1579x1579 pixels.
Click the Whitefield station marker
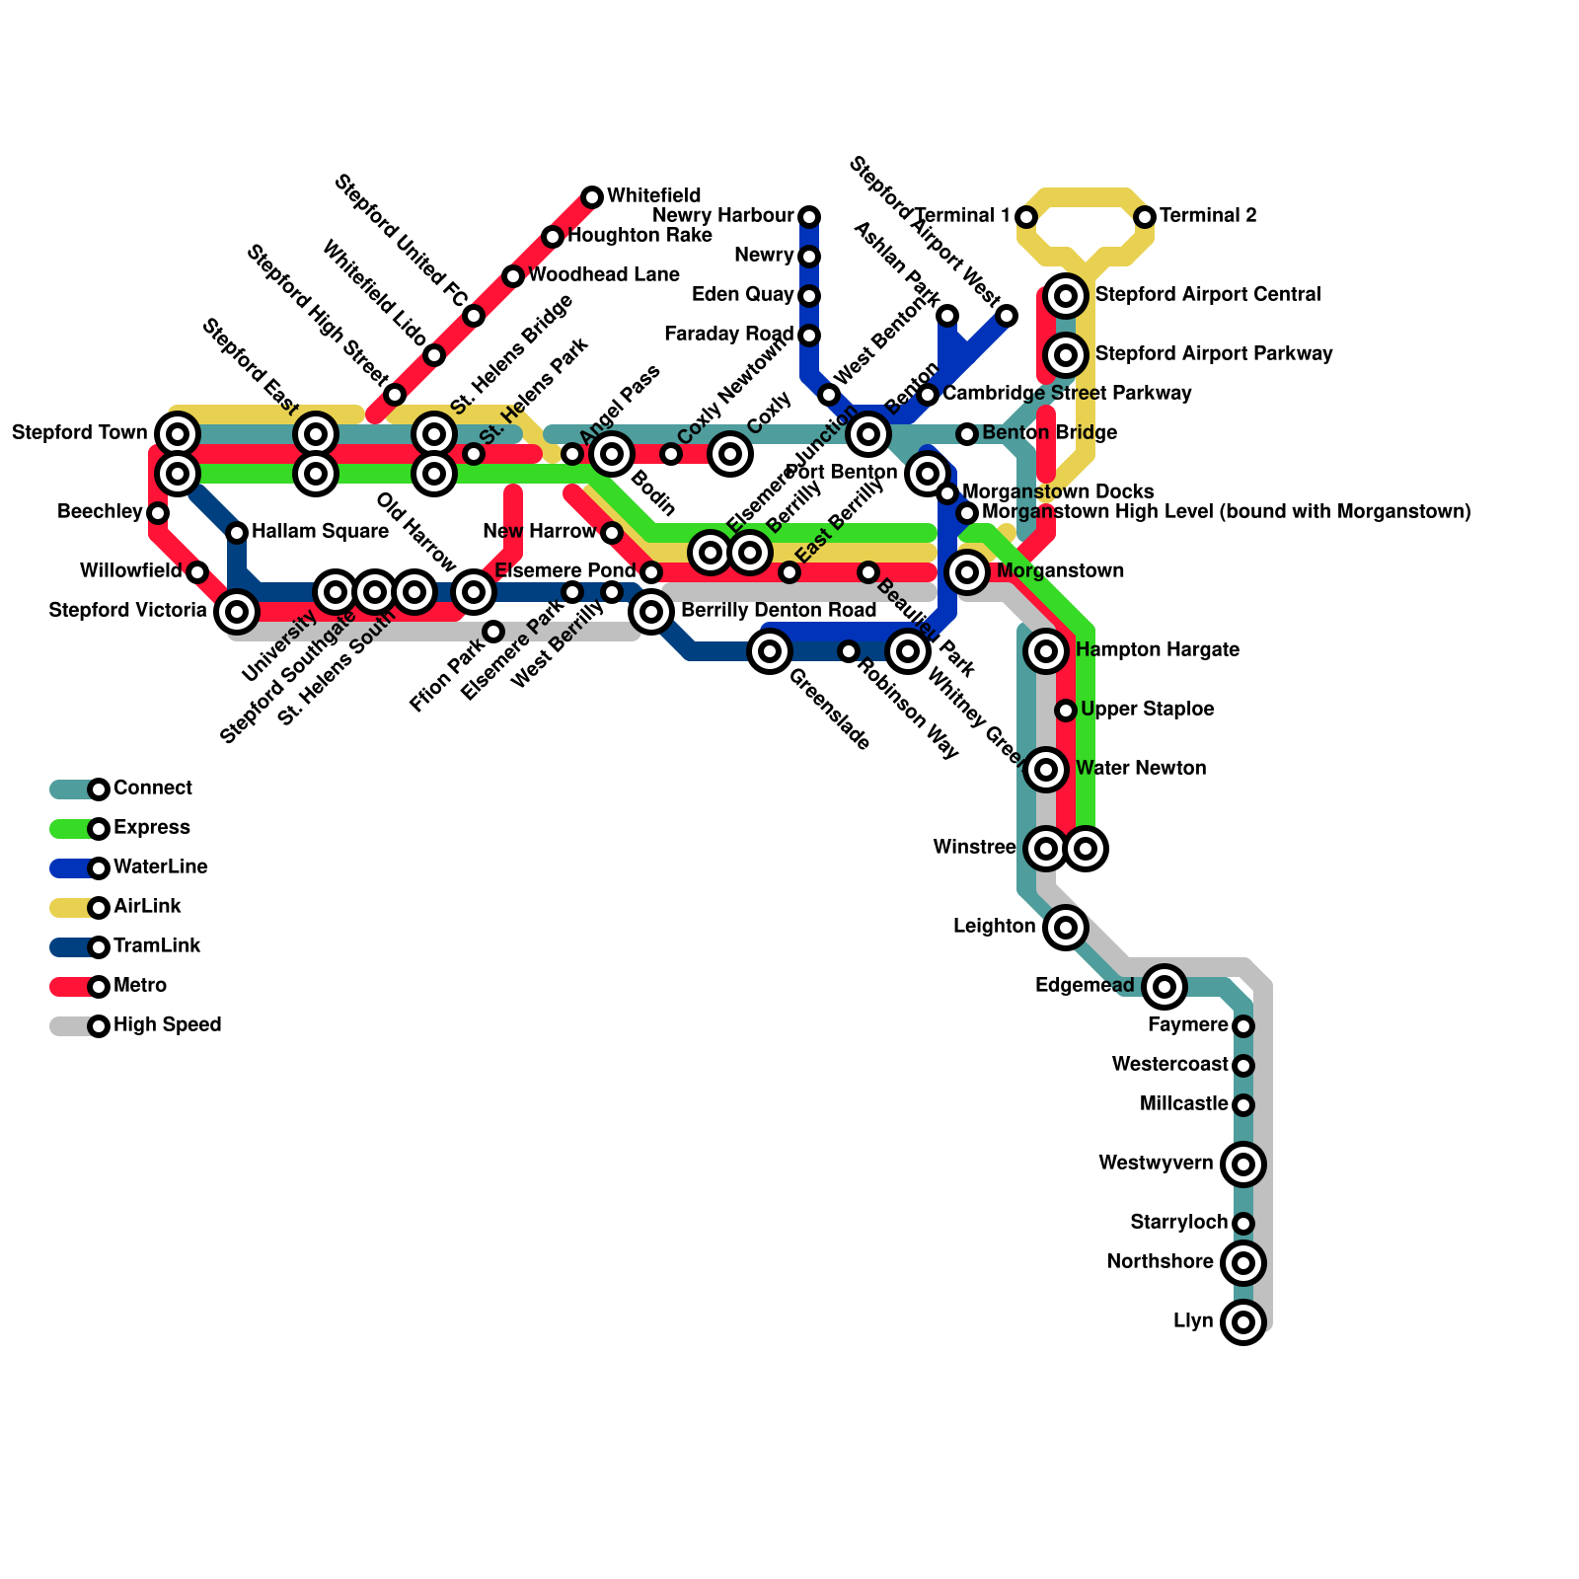[x=592, y=197]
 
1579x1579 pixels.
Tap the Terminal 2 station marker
[x=1145, y=217]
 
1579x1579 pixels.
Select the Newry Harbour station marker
[x=809, y=217]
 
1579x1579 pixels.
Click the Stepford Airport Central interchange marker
[x=1066, y=296]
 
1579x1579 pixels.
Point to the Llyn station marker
[x=1243, y=1322]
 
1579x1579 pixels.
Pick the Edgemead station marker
[x=1165, y=986]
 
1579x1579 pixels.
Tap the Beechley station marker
[x=158, y=513]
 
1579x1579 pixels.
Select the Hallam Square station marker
[x=237, y=533]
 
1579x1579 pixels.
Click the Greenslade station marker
[x=770, y=651]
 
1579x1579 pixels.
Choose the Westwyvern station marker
[x=1243, y=1165]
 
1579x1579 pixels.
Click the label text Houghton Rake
[x=639, y=236]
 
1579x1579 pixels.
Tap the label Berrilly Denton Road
[x=778, y=611]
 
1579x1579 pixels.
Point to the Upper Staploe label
[x=1147, y=710]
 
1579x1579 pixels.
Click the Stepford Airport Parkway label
[x=1214, y=354]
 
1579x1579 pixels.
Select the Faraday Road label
[x=729, y=335]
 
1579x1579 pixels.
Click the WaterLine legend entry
[x=160, y=867]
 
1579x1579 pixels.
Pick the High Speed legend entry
[x=167, y=1025]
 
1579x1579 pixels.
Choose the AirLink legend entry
[x=147, y=907]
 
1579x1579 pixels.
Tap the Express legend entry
[x=151, y=828]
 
